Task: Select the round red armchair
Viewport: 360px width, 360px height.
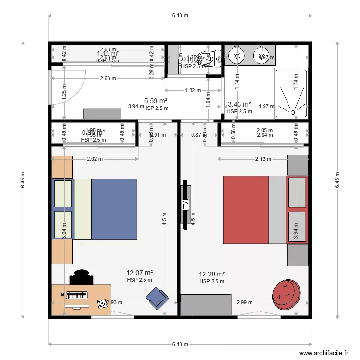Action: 287,292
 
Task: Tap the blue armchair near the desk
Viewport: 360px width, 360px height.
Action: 157,297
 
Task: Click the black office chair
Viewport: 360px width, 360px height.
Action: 81,278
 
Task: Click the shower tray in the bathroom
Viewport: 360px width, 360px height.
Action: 291,93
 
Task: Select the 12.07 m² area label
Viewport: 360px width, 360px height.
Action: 139,273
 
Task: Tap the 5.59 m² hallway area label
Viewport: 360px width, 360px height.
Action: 156,101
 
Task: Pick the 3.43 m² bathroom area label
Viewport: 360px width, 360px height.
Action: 240,104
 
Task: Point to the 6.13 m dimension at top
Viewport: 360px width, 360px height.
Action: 180,16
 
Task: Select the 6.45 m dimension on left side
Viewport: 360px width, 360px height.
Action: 23,180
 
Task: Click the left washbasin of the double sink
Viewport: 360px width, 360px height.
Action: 236,55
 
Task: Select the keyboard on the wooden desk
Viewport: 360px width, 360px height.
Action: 77,294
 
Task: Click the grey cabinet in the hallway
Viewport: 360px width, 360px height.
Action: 102,114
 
